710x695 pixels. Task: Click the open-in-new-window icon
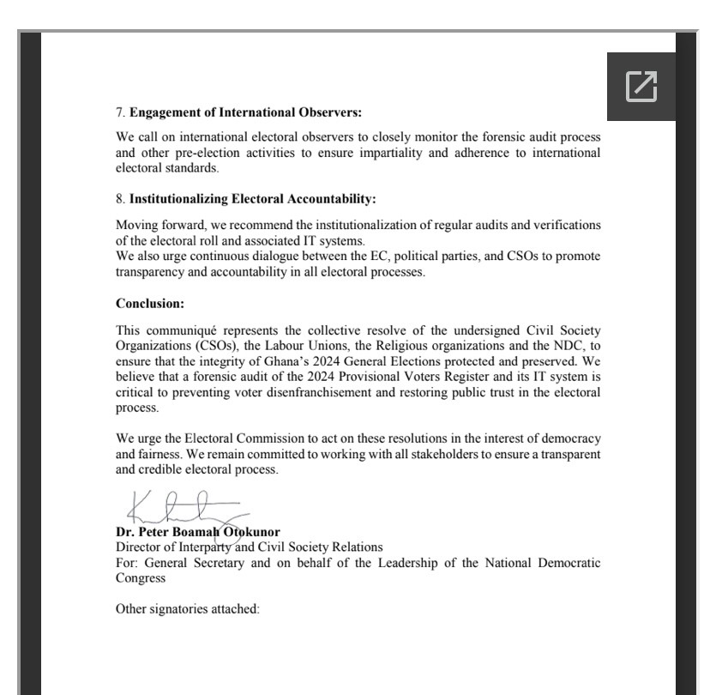coord(641,86)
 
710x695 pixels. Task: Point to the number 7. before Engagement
coord(121,112)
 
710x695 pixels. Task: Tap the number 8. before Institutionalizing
coord(121,199)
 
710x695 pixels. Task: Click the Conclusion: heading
coord(150,303)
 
